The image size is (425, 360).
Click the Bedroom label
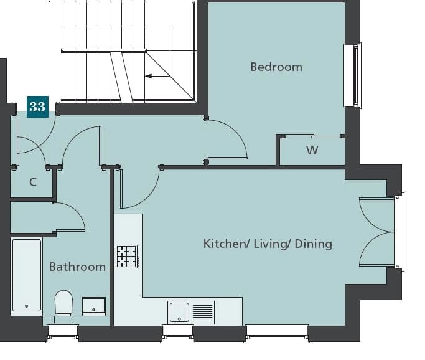276,67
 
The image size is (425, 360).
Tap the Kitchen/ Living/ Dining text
268,244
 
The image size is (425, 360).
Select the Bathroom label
77,267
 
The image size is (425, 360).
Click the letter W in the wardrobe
312,150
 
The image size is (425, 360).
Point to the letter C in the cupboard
33,182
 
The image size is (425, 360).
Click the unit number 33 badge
38,107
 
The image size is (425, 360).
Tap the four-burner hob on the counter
128,257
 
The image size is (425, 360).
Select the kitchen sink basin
179,313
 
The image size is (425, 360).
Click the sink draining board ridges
203,313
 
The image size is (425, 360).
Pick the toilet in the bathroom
64,305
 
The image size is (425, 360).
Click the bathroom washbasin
94,306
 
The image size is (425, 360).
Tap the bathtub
27,275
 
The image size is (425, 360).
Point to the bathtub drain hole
27,306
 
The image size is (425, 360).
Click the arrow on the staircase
157,76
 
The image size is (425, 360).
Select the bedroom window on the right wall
353,75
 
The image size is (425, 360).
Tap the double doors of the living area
376,232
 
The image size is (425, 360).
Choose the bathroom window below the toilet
63,334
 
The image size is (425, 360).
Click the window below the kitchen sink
177,334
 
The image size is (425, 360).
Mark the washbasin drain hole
94,310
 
